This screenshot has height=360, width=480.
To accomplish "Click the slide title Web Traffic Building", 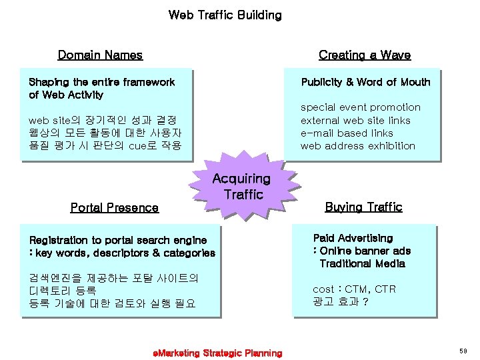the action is pyautogui.click(x=225, y=15).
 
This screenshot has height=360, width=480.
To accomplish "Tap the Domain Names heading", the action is pyautogui.click(x=100, y=55).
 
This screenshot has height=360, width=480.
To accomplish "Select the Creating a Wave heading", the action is pyautogui.click(x=364, y=55).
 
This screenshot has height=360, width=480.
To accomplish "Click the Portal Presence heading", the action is pyautogui.click(x=114, y=207).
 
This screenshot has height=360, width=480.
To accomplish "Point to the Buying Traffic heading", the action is pyautogui.click(x=363, y=207).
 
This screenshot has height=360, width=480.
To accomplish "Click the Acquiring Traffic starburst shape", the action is pyautogui.click(x=241, y=187).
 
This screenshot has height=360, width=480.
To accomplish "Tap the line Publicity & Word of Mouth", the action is pyautogui.click(x=365, y=82).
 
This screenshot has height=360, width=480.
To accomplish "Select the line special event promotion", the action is pyautogui.click(x=360, y=107).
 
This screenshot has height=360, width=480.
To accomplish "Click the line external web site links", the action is pyautogui.click(x=355, y=121).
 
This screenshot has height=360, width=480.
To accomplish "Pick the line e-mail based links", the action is pyautogui.click(x=347, y=133).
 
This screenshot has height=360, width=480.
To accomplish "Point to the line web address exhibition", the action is pyautogui.click(x=357, y=146).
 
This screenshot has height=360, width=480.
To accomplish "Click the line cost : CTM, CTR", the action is pyautogui.click(x=354, y=289).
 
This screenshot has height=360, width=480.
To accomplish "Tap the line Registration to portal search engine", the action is pyautogui.click(x=118, y=240).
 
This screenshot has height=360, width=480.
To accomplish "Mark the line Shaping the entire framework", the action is pyautogui.click(x=101, y=82).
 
